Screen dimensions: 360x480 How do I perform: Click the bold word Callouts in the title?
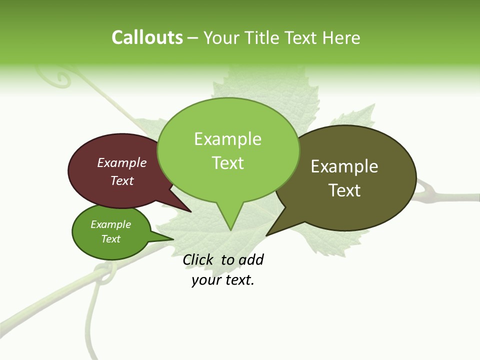pos(147,37)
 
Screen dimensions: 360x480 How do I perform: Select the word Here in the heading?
pos(342,37)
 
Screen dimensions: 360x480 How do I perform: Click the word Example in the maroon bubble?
pos(122,162)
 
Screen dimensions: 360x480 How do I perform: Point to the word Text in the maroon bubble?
pos(122,180)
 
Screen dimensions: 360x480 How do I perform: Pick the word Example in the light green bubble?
pos(228,139)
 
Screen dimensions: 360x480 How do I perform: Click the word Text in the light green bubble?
pos(228,162)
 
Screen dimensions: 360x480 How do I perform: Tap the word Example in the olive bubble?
pos(344,166)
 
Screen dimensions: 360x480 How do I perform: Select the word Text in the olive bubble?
pos(344,190)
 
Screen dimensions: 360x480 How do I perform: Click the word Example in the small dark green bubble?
pos(110,224)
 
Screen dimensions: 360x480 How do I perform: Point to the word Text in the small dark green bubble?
pos(110,238)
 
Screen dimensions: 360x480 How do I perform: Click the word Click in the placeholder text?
pos(198,259)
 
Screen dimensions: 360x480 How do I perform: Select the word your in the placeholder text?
pos(205,280)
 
